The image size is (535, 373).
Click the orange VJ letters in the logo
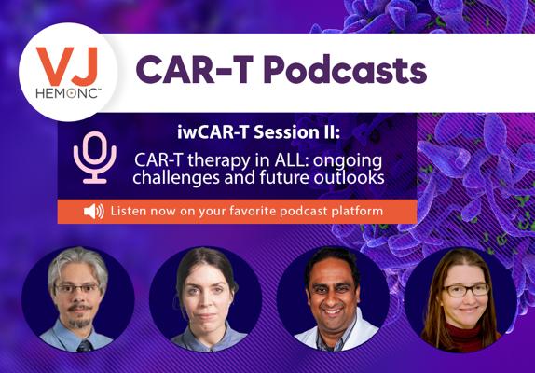pos(67,66)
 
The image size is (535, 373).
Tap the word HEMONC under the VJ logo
pos(67,93)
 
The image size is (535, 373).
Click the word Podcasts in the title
pos(345,70)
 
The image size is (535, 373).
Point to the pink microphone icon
pos(95,158)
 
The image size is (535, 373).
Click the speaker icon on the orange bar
pos(94,212)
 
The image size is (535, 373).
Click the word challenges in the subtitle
pos(176,178)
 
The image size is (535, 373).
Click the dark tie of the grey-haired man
pos(84,345)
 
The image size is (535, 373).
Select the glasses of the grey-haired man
pos(77,289)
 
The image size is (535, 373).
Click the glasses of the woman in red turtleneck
pos(466,290)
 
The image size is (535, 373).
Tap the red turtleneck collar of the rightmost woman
pos(463,330)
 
